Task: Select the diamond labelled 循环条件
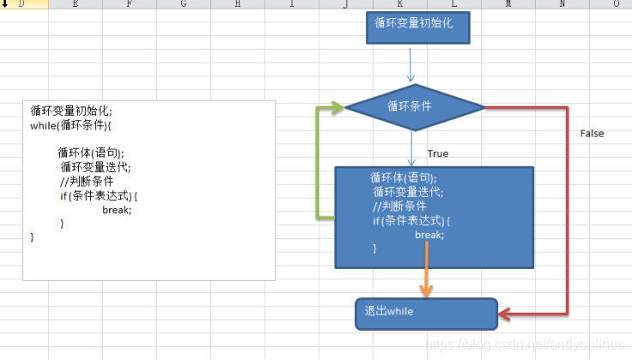[415, 107]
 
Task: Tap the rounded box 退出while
[426, 314]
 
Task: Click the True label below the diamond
[438, 154]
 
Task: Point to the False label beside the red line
[592, 133]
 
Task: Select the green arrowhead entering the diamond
[336, 107]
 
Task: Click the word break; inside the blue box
[429, 235]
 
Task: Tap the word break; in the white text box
[117, 210]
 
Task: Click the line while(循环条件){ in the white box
[70, 125]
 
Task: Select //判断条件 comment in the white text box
[87, 181]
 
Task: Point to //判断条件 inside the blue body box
[399, 206]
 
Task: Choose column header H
[236, 5]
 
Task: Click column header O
[616, 5]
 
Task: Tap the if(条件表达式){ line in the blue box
[411, 221]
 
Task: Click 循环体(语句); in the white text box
[90, 153]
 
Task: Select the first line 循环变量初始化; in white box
[71, 111]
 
